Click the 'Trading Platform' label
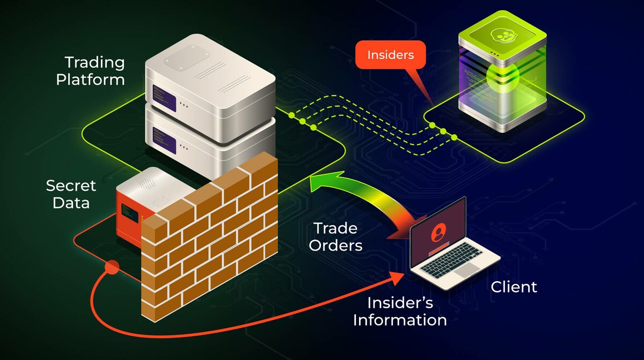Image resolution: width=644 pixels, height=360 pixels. [94, 71]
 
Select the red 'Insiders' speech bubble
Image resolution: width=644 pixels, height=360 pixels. [390, 55]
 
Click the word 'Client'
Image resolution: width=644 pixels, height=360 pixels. [514, 287]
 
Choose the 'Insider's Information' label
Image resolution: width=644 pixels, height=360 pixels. [400, 311]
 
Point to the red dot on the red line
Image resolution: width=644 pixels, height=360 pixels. [112, 266]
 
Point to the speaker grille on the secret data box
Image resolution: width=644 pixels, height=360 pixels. [145, 182]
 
